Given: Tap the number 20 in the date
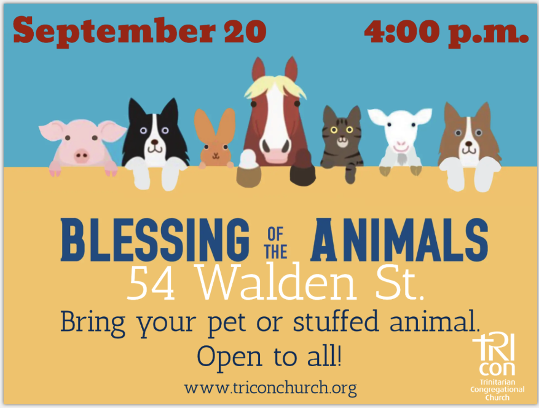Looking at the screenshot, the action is click(245, 31).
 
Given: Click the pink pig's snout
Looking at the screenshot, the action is click(82, 156).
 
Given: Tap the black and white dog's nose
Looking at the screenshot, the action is click(155, 142).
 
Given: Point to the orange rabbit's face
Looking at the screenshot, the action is click(216, 152).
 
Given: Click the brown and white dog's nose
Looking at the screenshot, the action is click(468, 143).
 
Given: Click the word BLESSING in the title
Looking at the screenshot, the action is click(155, 239).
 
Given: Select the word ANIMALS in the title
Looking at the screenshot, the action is click(399, 239).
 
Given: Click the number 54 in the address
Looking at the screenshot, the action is click(151, 283).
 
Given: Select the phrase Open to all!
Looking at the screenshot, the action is click(269, 357).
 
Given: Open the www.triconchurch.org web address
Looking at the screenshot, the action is click(270, 388).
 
